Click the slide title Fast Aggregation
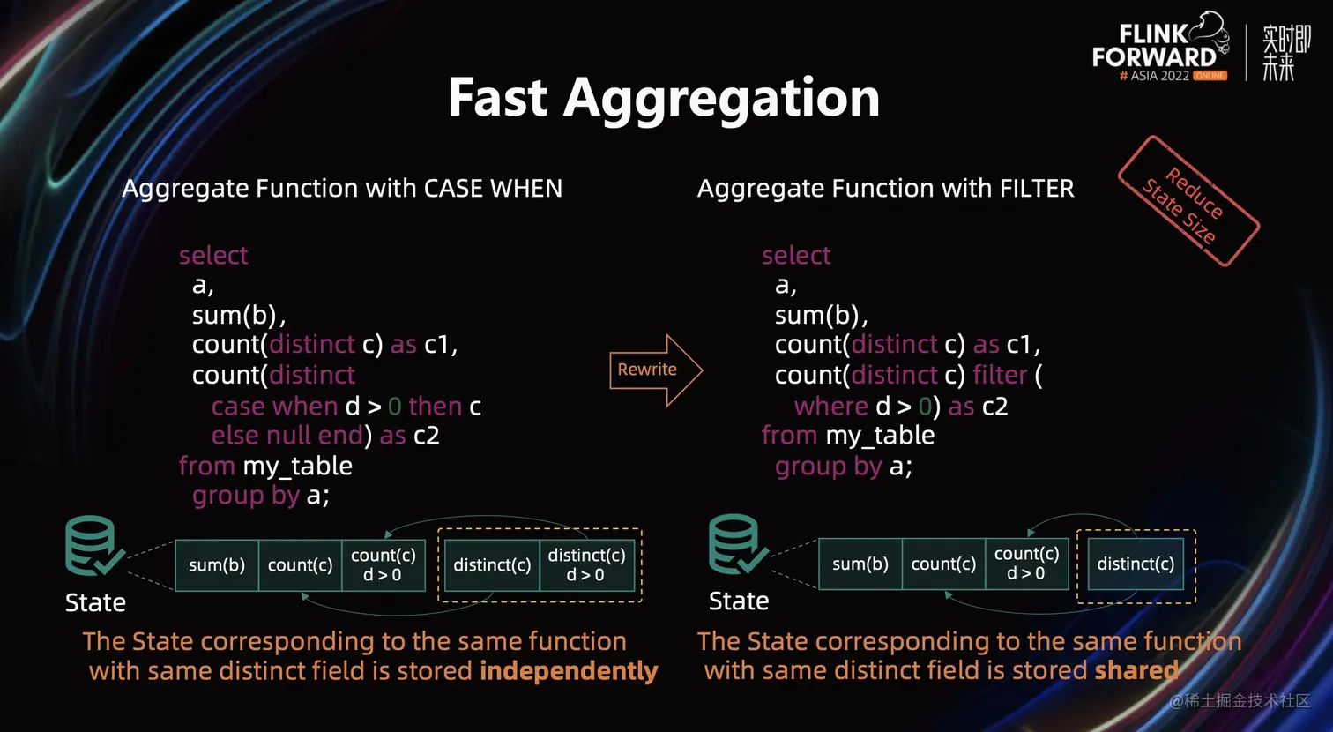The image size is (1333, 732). pyautogui.click(x=663, y=97)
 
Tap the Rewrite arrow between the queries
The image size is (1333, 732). pyautogui.click(x=653, y=370)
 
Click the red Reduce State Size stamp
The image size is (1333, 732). pyautogui.click(x=1188, y=201)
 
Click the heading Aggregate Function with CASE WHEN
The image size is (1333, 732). pyautogui.click(x=342, y=189)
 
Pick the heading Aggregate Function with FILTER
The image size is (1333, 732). pyautogui.click(x=885, y=189)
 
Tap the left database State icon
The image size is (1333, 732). pyautogui.click(x=92, y=546)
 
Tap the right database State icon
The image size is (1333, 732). pyautogui.click(x=735, y=544)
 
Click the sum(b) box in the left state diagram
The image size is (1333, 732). pyautogui.click(x=217, y=565)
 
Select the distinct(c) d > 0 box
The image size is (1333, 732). pyautogui.click(x=586, y=565)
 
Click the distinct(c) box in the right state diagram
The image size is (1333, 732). pyautogui.click(x=1136, y=564)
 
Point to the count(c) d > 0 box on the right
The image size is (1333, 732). pyautogui.click(x=1026, y=564)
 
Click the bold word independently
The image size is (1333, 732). pyautogui.click(x=569, y=671)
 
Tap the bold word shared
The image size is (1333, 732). pyautogui.click(x=1136, y=670)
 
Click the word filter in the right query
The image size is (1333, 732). pyautogui.click(x=1000, y=375)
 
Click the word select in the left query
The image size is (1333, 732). pyautogui.click(x=213, y=256)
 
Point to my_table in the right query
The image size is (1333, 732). pyautogui.click(x=880, y=436)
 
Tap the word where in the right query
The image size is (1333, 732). pyautogui.click(x=830, y=406)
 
